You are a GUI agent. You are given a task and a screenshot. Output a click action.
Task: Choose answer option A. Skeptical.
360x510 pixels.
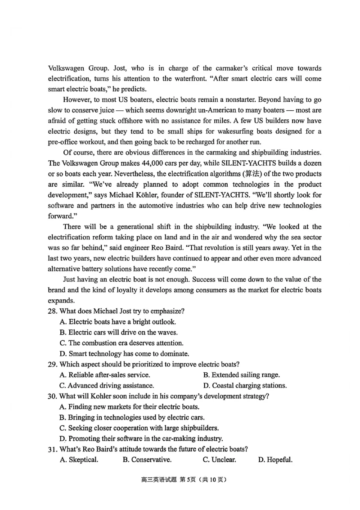click(79, 460)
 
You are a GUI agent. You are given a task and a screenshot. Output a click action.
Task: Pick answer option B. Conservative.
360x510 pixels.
click(147, 460)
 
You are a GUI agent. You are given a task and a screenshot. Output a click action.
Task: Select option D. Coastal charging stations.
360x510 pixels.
click(245, 385)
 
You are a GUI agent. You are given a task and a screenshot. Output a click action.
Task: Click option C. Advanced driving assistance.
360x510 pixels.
click(107, 385)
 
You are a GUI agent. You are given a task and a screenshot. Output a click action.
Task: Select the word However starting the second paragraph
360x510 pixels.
click(78, 99)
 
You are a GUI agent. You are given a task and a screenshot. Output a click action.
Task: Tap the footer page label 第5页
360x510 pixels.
click(187, 480)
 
